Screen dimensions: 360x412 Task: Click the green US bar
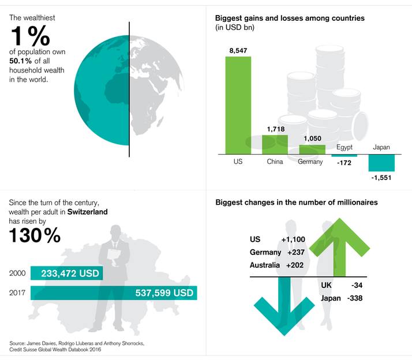[238, 105]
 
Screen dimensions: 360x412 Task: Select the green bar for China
[275, 144]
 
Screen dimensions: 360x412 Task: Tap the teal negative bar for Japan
[381, 163]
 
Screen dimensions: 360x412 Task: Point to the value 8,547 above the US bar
[238, 51]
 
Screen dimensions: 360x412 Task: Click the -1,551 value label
[381, 178]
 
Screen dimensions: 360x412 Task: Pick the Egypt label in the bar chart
[344, 148]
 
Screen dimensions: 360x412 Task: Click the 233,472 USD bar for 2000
[66, 273]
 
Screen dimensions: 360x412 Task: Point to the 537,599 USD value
[164, 293]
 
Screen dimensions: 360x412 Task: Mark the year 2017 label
[18, 293]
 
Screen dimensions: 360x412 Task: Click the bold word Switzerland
[87, 212]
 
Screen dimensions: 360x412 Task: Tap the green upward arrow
[340, 242]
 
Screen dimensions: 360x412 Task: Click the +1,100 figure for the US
[293, 239]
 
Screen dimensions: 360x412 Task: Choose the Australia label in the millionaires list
[265, 266]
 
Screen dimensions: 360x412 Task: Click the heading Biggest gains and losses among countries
[290, 18]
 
